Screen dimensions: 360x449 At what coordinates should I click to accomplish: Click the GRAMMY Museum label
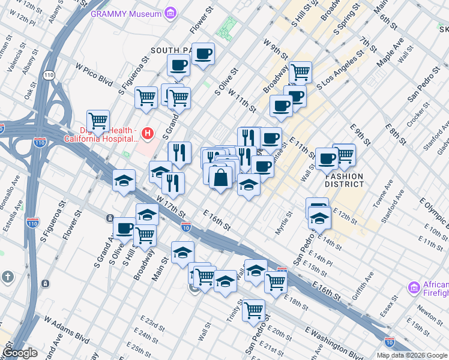(x=126, y=13)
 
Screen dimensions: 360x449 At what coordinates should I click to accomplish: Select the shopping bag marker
(x=221, y=178)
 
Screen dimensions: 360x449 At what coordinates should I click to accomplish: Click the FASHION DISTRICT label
(x=345, y=180)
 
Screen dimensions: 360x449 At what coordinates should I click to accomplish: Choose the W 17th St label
(x=170, y=205)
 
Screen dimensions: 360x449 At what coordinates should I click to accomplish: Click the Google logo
(x=20, y=353)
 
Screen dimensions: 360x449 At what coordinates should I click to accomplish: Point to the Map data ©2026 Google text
(x=411, y=355)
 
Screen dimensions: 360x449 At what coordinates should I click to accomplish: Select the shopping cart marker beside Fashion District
(x=345, y=155)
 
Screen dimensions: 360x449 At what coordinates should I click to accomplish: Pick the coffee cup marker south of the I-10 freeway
(x=125, y=228)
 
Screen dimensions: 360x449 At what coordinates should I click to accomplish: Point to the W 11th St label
(x=243, y=102)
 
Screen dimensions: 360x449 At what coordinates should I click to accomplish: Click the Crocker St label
(x=416, y=116)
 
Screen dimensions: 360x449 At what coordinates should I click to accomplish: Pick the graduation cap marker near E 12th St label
(x=320, y=218)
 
